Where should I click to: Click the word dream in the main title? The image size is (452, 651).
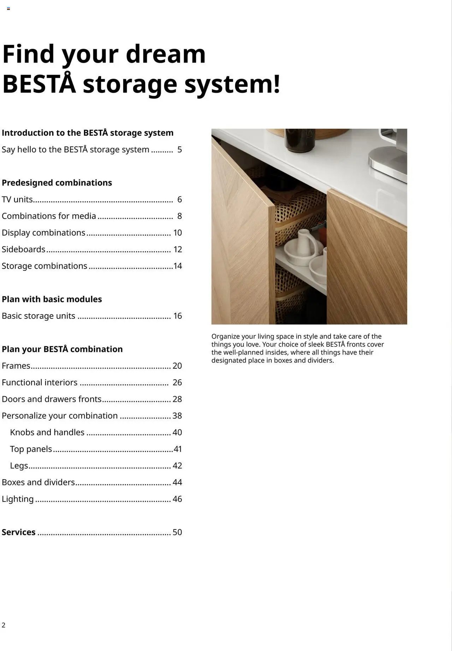(x=165, y=54)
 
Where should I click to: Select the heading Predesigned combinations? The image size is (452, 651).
(x=57, y=183)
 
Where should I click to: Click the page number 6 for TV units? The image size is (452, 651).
(x=179, y=200)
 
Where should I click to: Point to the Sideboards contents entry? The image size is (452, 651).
(x=24, y=250)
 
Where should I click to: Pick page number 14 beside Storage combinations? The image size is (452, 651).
(x=178, y=266)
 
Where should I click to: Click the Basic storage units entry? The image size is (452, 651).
(x=38, y=316)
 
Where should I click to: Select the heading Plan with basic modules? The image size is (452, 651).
(x=52, y=299)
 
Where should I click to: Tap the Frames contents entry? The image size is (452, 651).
(x=16, y=366)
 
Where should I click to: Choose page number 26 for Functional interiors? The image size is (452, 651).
(x=177, y=382)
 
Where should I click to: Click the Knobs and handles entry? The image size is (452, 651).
(x=47, y=433)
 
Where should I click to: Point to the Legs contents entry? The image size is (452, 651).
(x=19, y=466)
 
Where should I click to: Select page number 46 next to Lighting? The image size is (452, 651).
(x=177, y=499)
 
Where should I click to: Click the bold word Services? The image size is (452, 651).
(x=19, y=532)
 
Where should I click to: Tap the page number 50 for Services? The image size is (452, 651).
(x=177, y=532)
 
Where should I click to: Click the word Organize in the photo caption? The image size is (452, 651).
(x=225, y=336)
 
